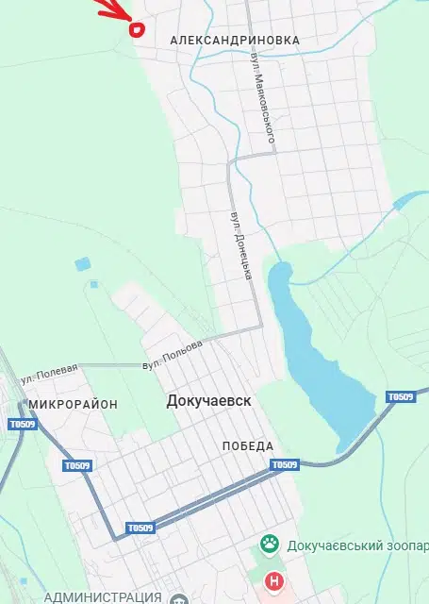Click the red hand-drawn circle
point(136,28)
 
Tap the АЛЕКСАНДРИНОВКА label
point(235,41)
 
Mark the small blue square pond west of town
point(81,265)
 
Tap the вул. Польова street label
point(173,354)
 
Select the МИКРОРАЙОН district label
point(74,404)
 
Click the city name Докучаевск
point(208,401)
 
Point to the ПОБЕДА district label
point(248,445)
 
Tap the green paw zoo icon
point(270,545)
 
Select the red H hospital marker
point(274,580)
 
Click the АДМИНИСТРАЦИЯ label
point(102,596)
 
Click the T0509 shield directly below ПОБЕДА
point(284,464)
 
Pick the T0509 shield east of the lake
point(401,396)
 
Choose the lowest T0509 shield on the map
point(140,528)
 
